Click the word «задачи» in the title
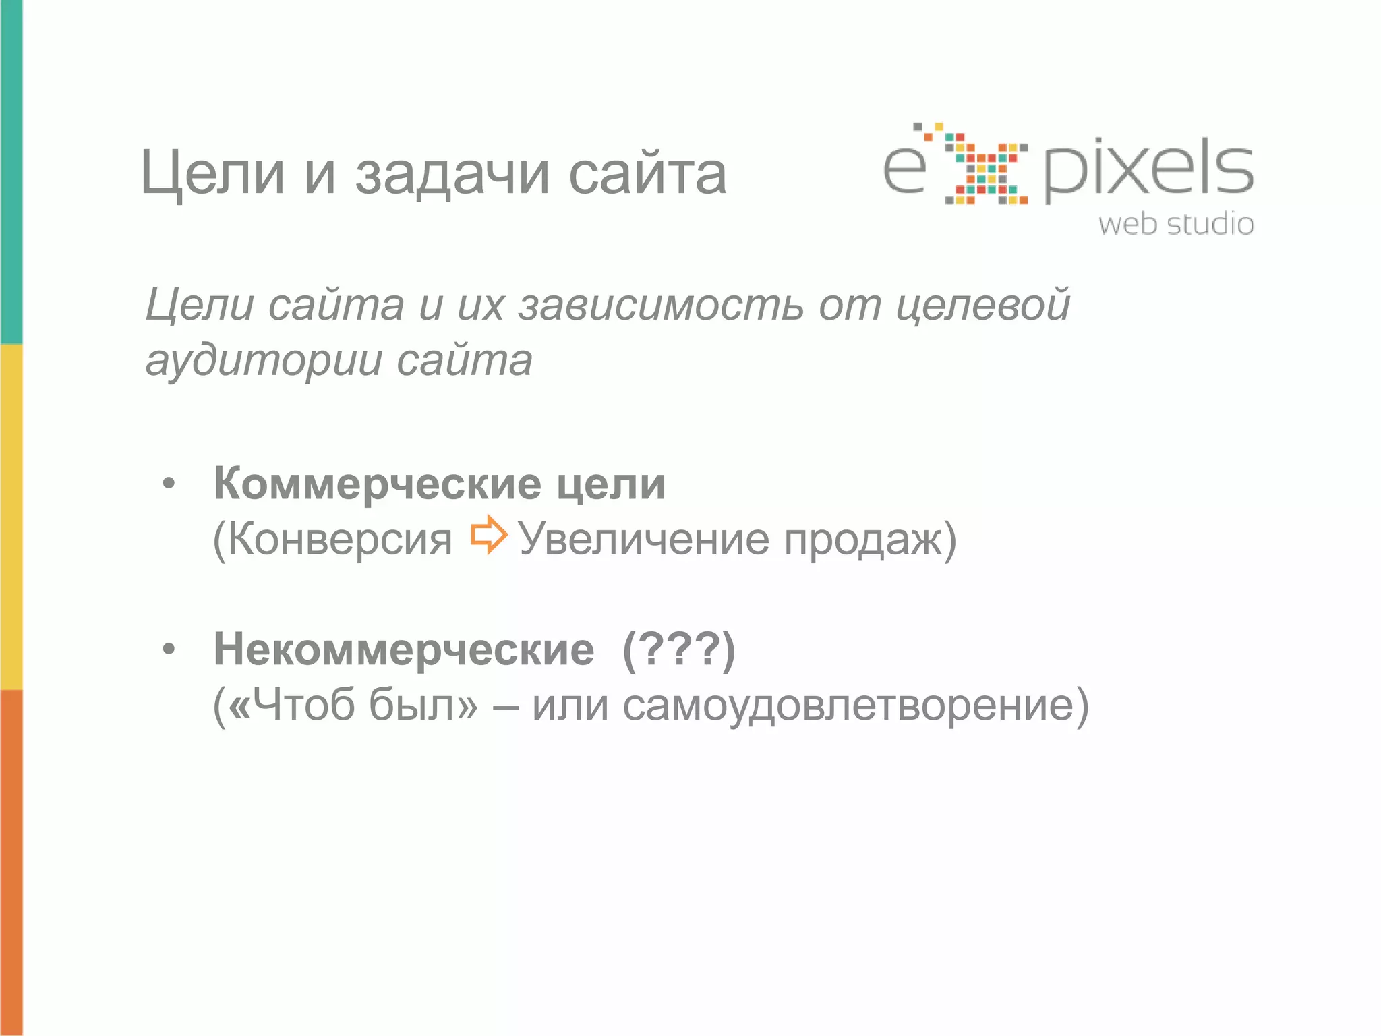tap(452, 174)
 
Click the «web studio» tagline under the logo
tap(1176, 224)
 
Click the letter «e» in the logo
tap(905, 169)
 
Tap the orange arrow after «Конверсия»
tap(489, 535)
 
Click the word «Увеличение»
tap(643, 540)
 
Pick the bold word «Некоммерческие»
tap(404, 650)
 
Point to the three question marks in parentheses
tap(679, 650)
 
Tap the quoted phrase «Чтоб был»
tap(353, 706)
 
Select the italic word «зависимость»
tap(661, 305)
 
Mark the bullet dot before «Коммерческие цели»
tap(169, 484)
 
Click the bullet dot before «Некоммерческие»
tap(169, 649)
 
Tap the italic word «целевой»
tap(982, 305)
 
